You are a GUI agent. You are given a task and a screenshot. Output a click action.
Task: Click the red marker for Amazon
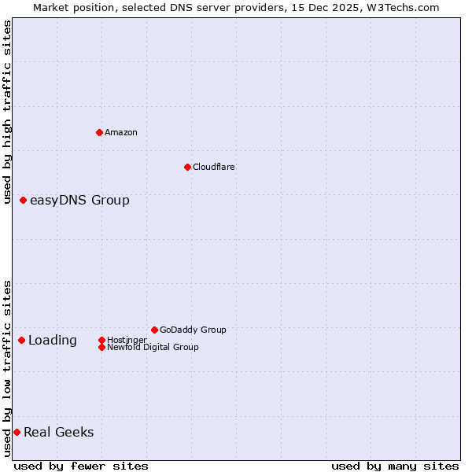click(x=99, y=132)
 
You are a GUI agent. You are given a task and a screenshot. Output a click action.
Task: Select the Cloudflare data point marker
click(x=187, y=167)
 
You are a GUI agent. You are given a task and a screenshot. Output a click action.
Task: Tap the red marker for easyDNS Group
click(x=24, y=201)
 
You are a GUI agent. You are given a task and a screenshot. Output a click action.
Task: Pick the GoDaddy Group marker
click(x=154, y=330)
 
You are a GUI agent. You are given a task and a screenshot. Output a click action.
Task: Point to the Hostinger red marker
click(x=101, y=340)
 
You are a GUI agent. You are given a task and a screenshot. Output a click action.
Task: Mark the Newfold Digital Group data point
click(x=101, y=347)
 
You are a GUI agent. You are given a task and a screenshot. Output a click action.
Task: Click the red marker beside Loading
click(x=21, y=340)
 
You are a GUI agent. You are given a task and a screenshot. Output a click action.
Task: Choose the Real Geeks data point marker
click(x=17, y=432)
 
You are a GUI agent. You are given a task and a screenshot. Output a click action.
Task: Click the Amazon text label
click(x=121, y=132)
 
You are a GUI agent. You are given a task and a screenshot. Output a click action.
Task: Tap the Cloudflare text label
click(x=214, y=167)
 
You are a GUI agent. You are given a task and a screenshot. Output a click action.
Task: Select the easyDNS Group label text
click(x=79, y=201)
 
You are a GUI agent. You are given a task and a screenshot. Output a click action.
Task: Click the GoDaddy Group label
click(x=193, y=330)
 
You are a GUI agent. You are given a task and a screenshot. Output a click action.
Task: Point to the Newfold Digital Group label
click(x=153, y=347)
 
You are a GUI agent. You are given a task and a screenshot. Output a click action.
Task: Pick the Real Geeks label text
click(x=58, y=432)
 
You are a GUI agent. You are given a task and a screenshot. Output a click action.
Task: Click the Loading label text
click(x=53, y=340)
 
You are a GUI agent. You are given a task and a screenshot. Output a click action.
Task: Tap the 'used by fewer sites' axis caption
click(x=81, y=466)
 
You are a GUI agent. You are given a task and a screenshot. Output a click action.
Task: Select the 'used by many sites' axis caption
click(x=395, y=466)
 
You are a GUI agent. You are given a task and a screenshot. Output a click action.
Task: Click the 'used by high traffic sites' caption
click(x=8, y=112)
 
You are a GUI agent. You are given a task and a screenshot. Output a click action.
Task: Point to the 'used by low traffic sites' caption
click(x=8, y=368)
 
